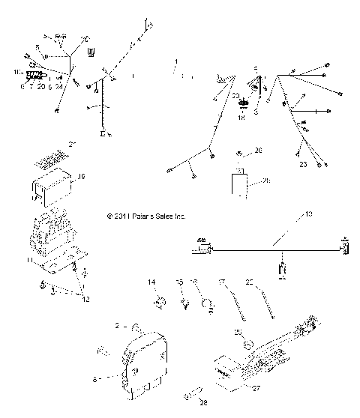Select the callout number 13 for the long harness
tap(308, 214)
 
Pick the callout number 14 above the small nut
tap(151, 282)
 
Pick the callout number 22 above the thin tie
tap(250, 282)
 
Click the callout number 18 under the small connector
tap(241, 118)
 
